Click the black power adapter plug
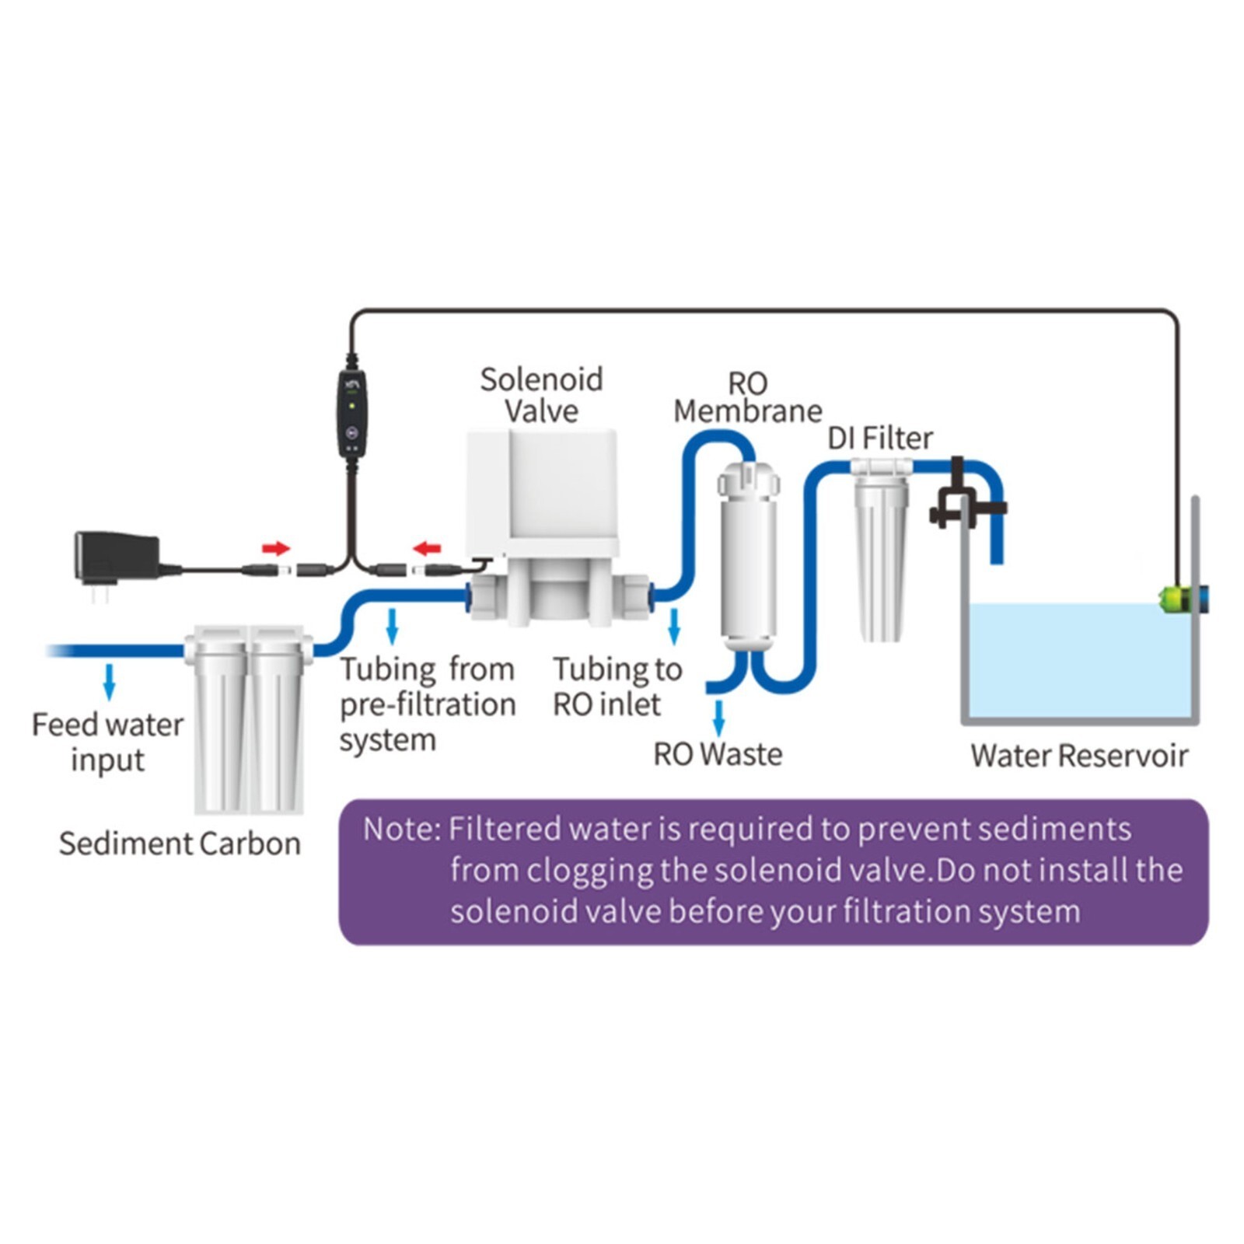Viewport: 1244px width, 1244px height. (x=117, y=558)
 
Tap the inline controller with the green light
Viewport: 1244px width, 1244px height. (x=351, y=412)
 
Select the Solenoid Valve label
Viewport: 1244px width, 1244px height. (x=541, y=395)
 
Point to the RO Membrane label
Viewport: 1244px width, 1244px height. (x=747, y=397)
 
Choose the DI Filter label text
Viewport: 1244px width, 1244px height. (x=879, y=439)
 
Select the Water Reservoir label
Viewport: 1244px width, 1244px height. (x=1079, y=756)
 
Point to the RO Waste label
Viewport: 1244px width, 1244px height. (x=718, y=754)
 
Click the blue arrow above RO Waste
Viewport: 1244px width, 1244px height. (x=719, y=717)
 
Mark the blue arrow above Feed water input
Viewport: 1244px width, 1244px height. (x=110, y=681)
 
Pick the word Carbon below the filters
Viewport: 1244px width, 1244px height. (x=250, y=844)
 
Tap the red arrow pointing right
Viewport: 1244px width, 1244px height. (x=275, y=549)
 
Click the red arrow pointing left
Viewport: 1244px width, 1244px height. (x=427, y=549)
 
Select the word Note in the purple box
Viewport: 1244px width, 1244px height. (x=400, y=829)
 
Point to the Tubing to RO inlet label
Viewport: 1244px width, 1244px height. (x=617, y=687)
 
